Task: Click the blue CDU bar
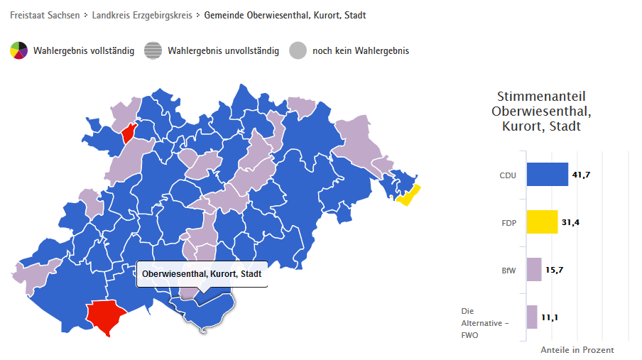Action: pos(547,175)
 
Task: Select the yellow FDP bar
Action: pos(542,222)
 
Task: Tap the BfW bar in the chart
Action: pos(534,270)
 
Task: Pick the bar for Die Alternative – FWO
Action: pos(532,317)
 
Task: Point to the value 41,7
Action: pos(582,175)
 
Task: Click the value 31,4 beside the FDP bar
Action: pos(571,222)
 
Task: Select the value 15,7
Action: pos(555,270)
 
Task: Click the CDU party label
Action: pos(508,175)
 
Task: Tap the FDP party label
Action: pos(509,223)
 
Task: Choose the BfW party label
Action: pos(508,271)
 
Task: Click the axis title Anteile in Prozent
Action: pos(577,350)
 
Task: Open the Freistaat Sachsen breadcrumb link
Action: pos(45,15)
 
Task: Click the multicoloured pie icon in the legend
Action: pos(18,50)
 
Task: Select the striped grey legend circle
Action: pos(153,50)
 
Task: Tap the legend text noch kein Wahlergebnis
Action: pos(360,51)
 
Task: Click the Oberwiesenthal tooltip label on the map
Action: pos(202,274)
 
